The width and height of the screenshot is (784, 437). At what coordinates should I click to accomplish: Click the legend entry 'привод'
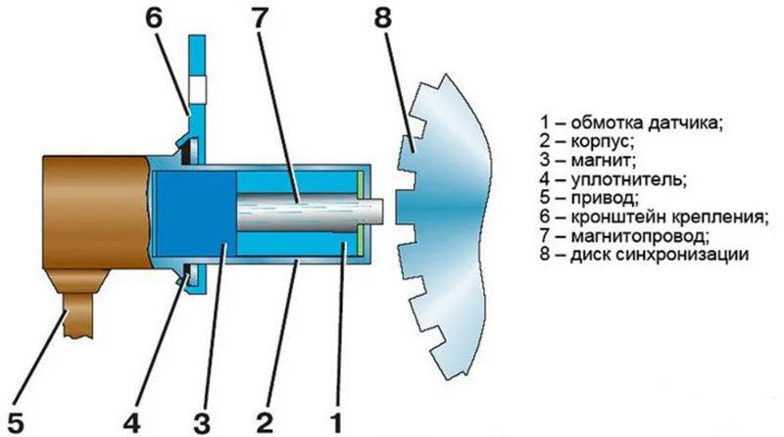[592, 199]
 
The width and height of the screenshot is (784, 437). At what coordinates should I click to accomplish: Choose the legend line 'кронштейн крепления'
[656, 218]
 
